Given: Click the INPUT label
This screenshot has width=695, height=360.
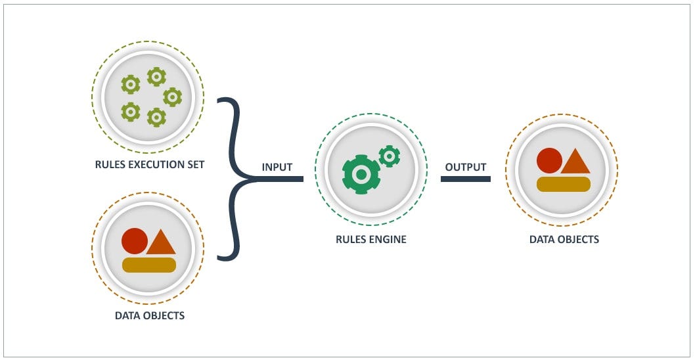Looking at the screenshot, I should pyautogui.click(x=277, y=167).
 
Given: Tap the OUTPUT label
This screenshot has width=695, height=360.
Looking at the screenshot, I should pyautogui.click(x=465, y=167).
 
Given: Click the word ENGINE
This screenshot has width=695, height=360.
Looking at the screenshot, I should pyautogui.click(x=388, y=239).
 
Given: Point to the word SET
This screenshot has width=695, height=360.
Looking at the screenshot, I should pyautogui.click(x=195, y=164).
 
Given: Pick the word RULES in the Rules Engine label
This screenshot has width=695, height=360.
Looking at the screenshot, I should pyautogui.click(x=351, y=239).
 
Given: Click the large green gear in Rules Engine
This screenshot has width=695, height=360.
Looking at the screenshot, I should pyautogui.click(x=361, y=175).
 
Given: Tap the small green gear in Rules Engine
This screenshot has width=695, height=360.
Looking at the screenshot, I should pyautogui.click(x=390, y=156).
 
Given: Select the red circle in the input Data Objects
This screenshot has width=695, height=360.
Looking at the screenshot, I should pyautogui.click(x=134, y=241).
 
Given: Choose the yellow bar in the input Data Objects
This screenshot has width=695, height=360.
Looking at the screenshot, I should pyautogui.click(x=149, y=265).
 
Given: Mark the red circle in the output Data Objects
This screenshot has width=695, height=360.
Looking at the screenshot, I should pyautogui.click(x=549, y=160).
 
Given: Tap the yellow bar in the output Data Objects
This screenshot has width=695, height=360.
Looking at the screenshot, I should pyautogui.click(x=564, y=184).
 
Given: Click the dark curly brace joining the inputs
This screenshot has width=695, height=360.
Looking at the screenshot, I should pyautogui.click(x=231, y=179).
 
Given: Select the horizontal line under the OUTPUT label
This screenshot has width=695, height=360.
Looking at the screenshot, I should pyautogui.click(x=465, y=179).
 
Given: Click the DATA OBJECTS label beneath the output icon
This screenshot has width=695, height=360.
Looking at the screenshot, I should pyautogui.click(x=564, y=239).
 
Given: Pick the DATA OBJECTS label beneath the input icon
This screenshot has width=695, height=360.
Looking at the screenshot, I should pyautogui.click(x=149, y=315).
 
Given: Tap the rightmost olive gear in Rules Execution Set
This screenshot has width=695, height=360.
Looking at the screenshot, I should pyautogui.click(x=173, y=97).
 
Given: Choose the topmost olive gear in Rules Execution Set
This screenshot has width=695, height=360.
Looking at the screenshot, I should pyautogui.click(x=156, y=77).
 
